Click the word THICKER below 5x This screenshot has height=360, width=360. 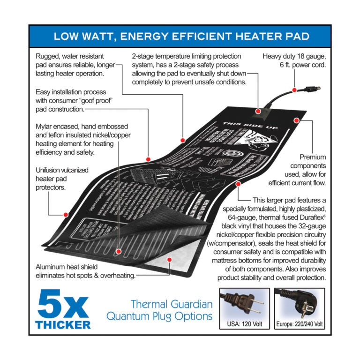click(x=63, y=323)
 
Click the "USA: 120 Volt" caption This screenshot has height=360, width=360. click(x=244, y=324)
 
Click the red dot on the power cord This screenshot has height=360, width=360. click(x=294, y=90)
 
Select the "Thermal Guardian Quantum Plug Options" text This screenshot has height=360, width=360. click(x=159, y=310)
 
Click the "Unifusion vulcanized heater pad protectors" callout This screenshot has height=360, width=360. click(x=62, y=179)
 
